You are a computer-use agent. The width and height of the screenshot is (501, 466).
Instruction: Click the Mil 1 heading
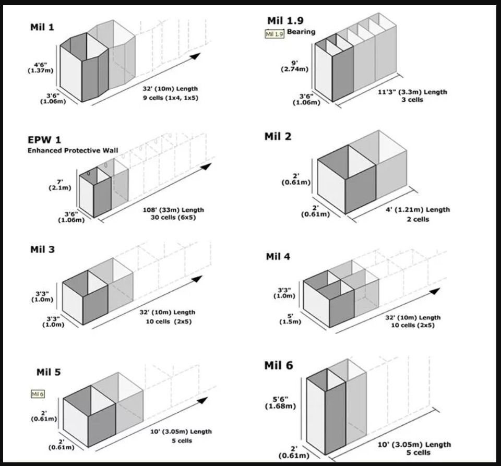pyautogui.click(x=42, y=27)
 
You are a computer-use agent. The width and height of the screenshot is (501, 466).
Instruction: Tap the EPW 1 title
pyautogui.click(x=44, y=140)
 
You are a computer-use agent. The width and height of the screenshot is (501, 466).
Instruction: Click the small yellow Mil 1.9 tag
pyautogui.click(x=275, y=34)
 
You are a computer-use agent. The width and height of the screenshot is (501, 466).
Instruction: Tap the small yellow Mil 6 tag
pyautogui.click(x=38, y=393)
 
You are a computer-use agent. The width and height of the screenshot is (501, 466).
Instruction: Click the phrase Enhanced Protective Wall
pyautogui.click(x=73, y=151)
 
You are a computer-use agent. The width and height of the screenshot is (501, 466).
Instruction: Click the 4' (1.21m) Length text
pyautogui.click(x=419, y=210)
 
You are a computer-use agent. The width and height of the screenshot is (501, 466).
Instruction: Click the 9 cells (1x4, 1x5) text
pyautogui.click(x=170, y=97)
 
